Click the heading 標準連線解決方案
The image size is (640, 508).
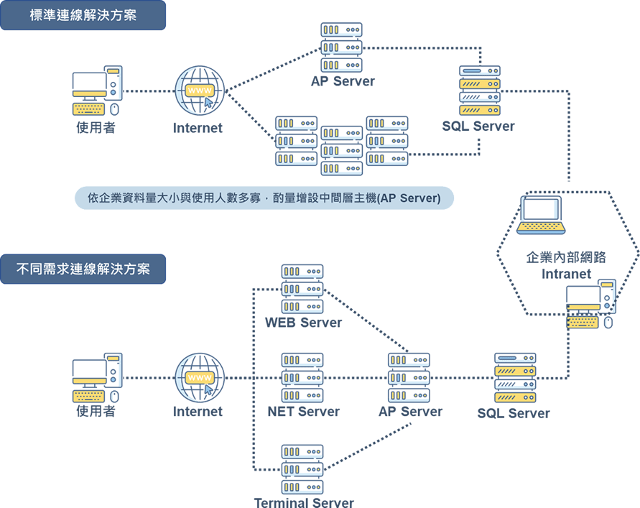click(x=83, y=15)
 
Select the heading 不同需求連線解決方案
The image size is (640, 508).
click(x=83, y=269)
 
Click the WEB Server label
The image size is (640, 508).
click(x=303, y=323)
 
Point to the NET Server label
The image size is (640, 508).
click(x=303, y=412)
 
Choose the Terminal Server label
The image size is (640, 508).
click(x=303, y=502)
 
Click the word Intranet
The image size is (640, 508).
click(x=566, y=274)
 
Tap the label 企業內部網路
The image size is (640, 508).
click(x=566, y=257)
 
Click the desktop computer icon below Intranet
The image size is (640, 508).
click(x=590, y=305)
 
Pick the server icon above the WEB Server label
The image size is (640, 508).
click(x=302, y=290)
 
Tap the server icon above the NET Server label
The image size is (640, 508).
click(x=302, y=378)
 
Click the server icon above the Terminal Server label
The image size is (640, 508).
click(x=302, y=467)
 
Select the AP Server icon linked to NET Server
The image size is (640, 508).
click(x=409, y=378)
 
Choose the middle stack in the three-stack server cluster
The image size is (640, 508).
click(x=342, y=151)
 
